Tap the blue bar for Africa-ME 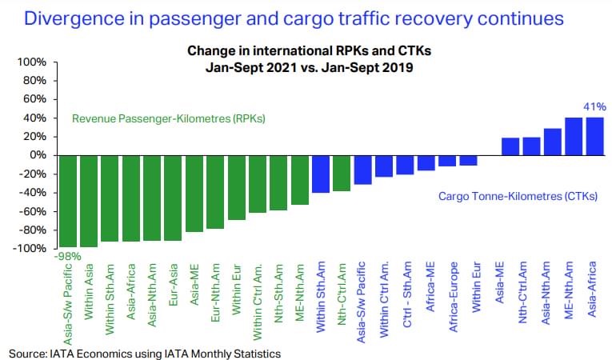[426, 162]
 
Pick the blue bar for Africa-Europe [447, 161]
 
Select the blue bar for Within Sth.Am [321, 174]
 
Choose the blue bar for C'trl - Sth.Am [405, 164]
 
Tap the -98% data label [69, 256]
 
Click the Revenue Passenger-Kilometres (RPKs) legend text [169, 118]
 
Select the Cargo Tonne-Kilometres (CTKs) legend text [518, 196]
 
